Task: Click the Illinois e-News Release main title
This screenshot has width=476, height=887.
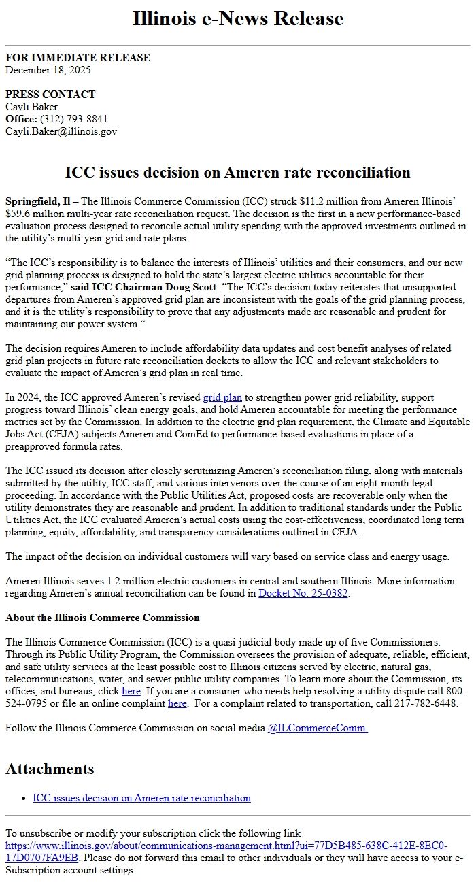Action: [x=237, y=18]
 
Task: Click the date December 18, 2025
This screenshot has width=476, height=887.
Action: [x=48, y=69]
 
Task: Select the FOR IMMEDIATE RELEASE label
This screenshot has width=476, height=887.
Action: [x=78, y=58]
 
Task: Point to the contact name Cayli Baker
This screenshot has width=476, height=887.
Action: [x=31, y=107]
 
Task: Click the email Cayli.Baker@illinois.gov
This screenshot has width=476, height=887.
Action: [x=61, y=131]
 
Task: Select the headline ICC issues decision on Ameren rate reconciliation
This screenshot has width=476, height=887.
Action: [x=237, y=172]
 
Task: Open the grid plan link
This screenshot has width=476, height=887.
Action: [x=222, y=397]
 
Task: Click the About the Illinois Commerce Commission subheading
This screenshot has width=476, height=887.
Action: [x=103, y=618]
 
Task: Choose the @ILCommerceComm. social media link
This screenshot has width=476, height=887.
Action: [x=318, y=728]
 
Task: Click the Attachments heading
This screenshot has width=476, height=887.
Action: [x=50, y=769]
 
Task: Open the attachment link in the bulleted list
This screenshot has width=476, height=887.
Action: [x=141, y=798]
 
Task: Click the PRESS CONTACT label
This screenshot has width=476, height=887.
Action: [x=50, y=95]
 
